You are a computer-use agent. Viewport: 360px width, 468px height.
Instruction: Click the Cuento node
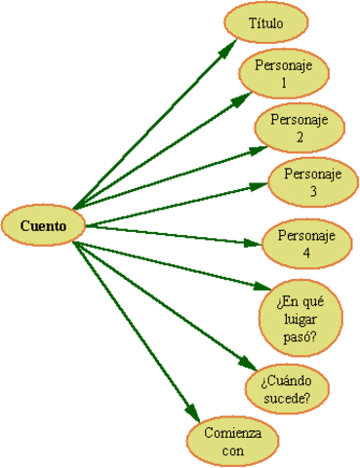(44, 226)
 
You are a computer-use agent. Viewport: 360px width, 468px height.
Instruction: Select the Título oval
(265, 23)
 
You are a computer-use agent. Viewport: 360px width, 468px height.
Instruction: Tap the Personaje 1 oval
(284, 74)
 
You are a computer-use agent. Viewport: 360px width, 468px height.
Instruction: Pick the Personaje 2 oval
(300, 129)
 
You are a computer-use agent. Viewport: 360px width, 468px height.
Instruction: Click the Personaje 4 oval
(306, 245)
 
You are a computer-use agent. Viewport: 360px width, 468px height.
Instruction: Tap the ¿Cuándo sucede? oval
(287, 388)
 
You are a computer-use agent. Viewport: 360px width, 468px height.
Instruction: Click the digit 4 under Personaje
(306, 253)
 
